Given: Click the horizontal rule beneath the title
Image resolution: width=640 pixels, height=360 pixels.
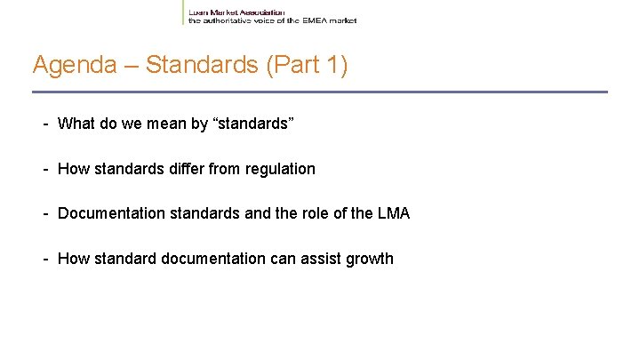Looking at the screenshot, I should tap(320, 92).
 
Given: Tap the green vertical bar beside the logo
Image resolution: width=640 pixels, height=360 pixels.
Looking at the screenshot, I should tap(183, 12).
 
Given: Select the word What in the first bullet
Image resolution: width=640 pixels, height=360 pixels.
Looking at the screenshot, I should tap(76, 124).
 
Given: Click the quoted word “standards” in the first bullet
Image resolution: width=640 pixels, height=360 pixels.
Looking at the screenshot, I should tap(251, 124).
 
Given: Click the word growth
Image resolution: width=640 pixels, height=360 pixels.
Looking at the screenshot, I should tap(370, 260).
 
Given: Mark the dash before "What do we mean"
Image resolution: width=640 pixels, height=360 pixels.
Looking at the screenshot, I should tap(44, 124).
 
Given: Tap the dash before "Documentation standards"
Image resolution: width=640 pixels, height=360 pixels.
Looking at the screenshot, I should tap(44, 214).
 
